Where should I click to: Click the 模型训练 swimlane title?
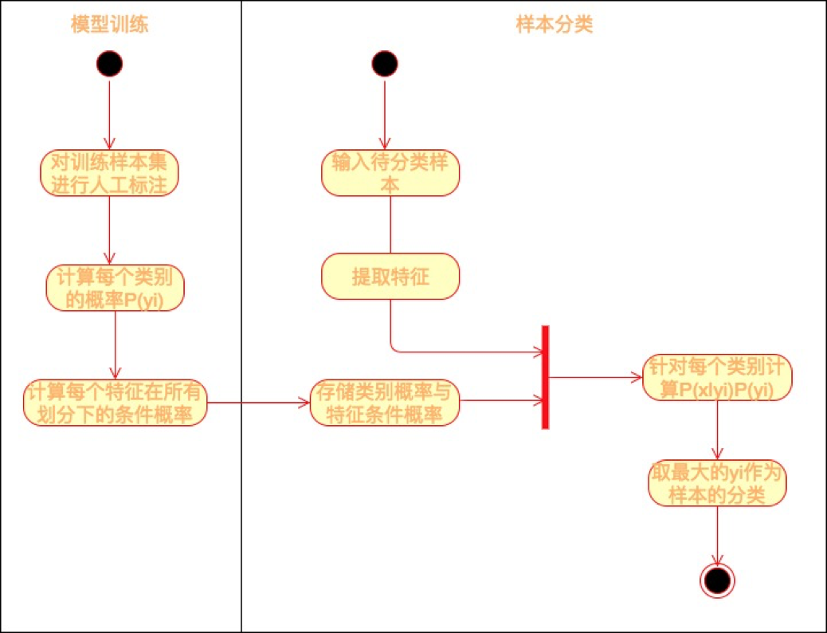point(110,26)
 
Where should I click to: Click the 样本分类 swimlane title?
point(555,26)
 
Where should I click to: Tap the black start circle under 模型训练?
point(109,64)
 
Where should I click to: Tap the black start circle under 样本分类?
point(384,64)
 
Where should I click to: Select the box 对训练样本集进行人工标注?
point(109,173)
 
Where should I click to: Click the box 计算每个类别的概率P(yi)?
point(116,287)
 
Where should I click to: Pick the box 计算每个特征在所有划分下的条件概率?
point(116,403)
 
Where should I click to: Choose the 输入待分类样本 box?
point(390,172)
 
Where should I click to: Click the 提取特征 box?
point(390,277)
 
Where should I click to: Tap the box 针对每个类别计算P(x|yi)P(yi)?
point(717,377)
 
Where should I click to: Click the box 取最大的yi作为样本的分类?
point(717,483)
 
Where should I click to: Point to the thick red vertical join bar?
point(546,377)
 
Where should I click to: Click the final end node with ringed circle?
point(717,581)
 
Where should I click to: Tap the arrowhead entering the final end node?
point(717,560)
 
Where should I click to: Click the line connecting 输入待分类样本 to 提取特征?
point(390,224)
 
